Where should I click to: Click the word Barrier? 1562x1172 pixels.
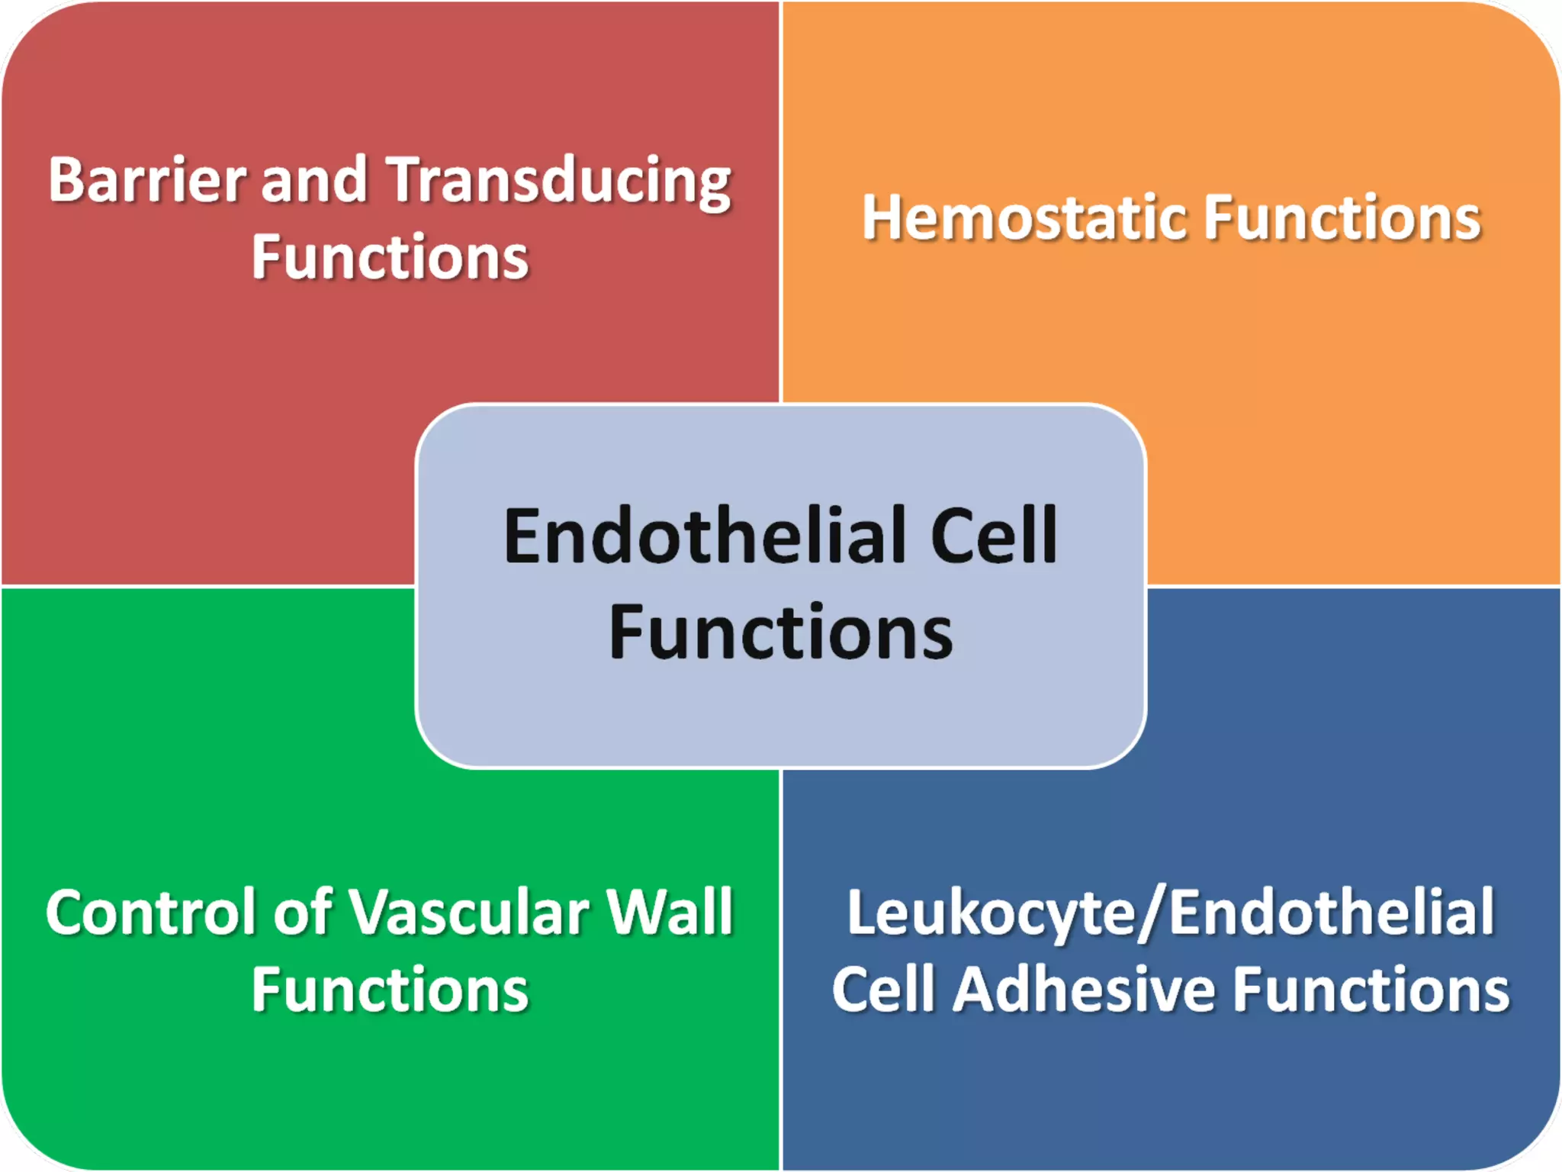coord(146,180)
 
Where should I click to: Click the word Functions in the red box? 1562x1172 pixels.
coord(390,258)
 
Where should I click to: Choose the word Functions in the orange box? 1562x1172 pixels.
coord(1342,218)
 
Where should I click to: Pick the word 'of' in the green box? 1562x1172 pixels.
coord(304,913)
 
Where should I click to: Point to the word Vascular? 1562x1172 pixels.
coord(469,913)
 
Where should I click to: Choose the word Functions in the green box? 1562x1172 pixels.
coord(390,990)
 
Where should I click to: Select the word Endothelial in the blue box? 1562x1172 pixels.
coord(1331,913)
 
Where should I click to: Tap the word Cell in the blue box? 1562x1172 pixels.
coord(883,990)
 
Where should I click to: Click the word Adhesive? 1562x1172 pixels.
coord(1084,990)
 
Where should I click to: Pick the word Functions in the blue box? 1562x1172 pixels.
coord(1371,990)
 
